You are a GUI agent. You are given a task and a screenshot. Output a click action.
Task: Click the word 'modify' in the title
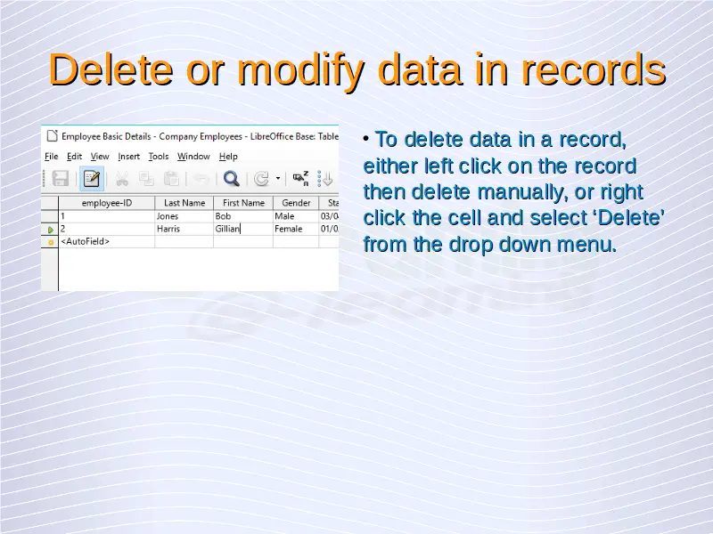[301, 71]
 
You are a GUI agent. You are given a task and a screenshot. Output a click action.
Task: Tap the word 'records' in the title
[594, 70]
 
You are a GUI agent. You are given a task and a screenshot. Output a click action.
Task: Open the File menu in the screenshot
[52, 157]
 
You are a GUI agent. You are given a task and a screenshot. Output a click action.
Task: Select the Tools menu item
[159, 157]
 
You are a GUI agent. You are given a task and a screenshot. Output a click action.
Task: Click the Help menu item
[228, 157]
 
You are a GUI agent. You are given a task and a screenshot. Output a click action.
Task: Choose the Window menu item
[193, 157]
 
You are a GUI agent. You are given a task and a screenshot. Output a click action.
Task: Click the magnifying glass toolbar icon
[232, 179]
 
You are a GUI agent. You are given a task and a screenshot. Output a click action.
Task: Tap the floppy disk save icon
[61, 179]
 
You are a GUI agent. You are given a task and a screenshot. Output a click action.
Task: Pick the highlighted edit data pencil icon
[92, 179]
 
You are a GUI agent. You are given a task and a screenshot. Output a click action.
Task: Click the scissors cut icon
[121, 179]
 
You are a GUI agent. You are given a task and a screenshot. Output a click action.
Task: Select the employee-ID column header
[107, 203]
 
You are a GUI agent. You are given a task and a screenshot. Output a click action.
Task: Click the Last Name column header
[184, 203]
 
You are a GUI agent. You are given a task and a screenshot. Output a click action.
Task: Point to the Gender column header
[296, 203]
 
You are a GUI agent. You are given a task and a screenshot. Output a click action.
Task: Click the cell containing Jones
[184, 216]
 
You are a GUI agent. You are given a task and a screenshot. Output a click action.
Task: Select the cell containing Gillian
[243, 229]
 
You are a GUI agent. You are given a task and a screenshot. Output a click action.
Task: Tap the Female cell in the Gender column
[296, 229]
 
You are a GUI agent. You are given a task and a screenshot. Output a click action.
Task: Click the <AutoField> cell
[107, 241]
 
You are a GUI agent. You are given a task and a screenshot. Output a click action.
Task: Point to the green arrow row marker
[51, 230]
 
